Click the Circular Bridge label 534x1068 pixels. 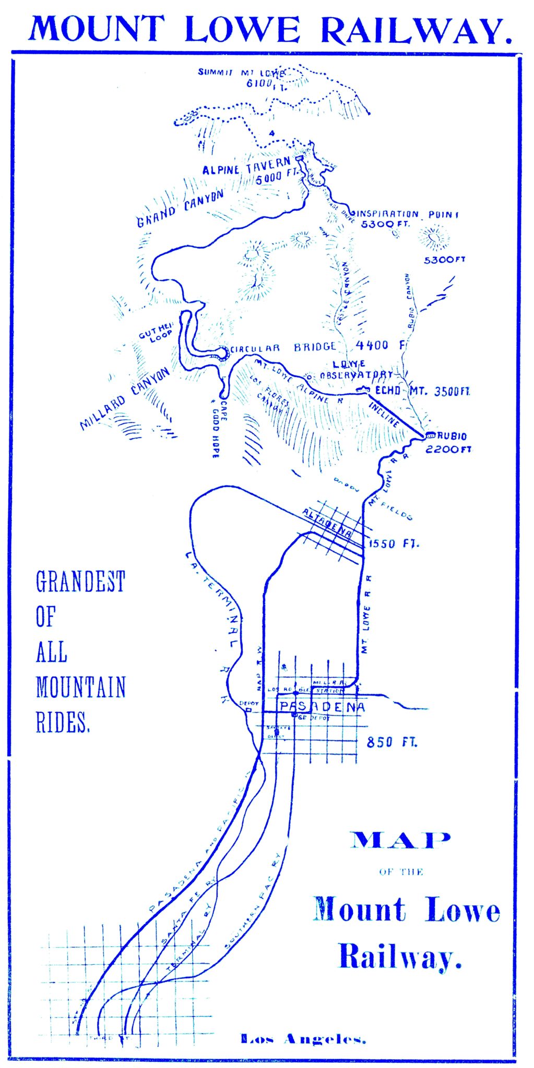click(x=283, y=348)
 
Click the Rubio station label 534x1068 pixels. click(x=452, y=436)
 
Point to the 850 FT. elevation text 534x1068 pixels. click(x=391, y=742)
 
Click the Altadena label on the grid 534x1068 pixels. click(x=327, y=524)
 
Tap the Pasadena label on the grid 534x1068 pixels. click(x=322, y=707)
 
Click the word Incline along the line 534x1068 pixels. click(x=385, y=414)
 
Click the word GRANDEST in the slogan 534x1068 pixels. click(x=80, y=582)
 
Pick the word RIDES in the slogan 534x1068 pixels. click(x=63, y=723)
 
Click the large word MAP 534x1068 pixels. click(x=400, y=840)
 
